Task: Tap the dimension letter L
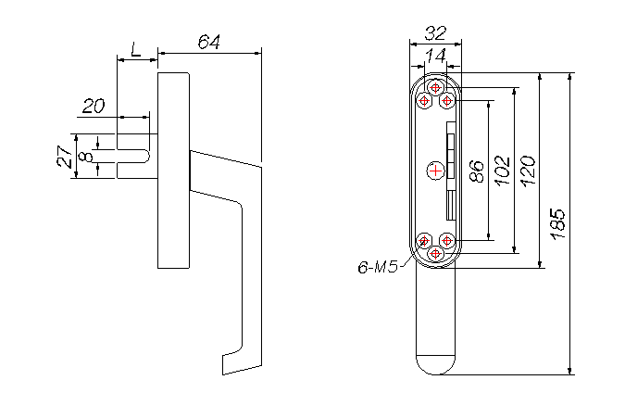pyautogui.click(x=137, y=48)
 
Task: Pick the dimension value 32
pyautogui.click(x=434, y=33)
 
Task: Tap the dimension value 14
pyautogui.click(x=434, y=57)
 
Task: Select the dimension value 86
pyautogui.click(x=476, y=172)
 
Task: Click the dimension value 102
pyautogui.click(x=503, y=171)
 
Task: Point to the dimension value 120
pyautogui.click(x=529, y=171)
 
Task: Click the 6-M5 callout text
pyautogui.click(x=377, y=268)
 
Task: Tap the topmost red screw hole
pyautogui.click(x=435, y=87)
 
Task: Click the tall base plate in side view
pyautogui.click(x=174, y=171)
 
